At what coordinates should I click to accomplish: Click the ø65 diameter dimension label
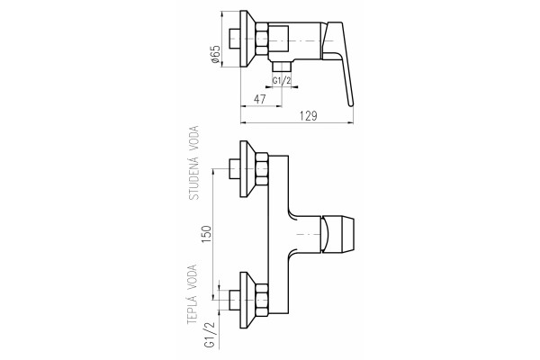pos(215,54)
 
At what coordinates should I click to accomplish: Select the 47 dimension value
pos(260,99)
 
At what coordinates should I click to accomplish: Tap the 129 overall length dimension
pos(308,116)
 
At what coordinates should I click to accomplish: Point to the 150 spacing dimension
pos(206,234)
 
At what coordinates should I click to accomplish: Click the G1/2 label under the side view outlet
pos(282,81)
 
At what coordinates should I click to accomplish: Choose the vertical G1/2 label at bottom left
pos(210,334)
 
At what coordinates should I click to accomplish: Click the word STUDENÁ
pos(194,179)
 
